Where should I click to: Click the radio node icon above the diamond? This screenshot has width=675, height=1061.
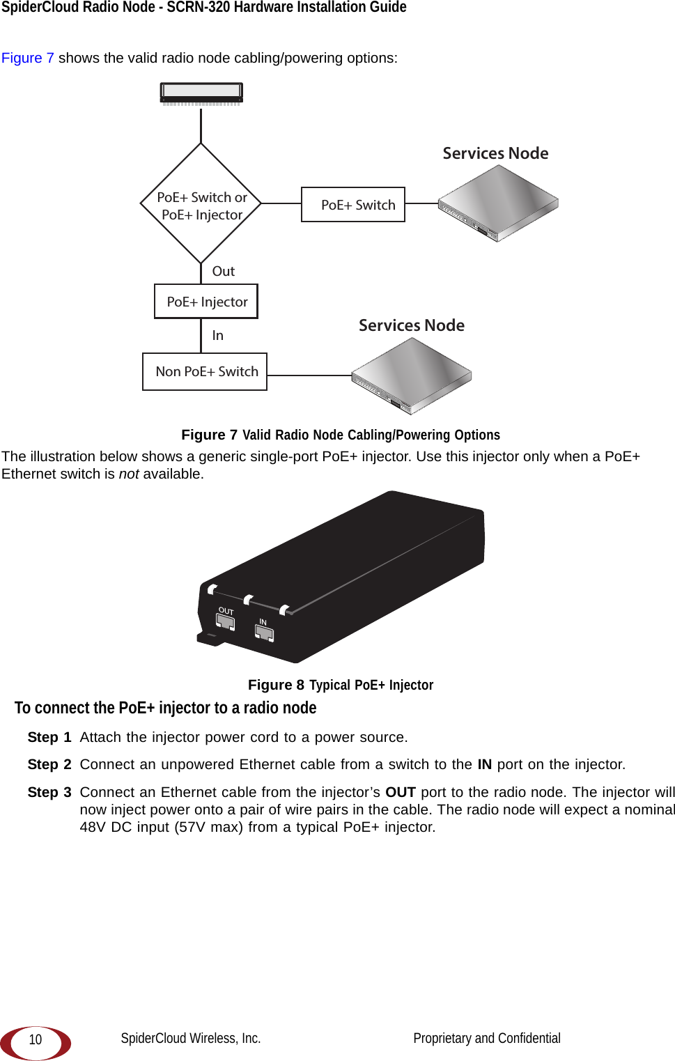point(201,93)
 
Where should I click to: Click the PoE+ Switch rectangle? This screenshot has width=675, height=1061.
point(353,205)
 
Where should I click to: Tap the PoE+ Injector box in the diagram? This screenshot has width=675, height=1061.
point(206,302)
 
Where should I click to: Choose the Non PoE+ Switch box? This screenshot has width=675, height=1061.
point(205,372)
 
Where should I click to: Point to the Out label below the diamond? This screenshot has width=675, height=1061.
point(223,272)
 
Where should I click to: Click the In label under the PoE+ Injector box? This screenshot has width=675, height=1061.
point(218,336)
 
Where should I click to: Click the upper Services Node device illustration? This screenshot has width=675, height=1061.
point(498,203)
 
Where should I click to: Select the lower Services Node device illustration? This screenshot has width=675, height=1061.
point(412,375)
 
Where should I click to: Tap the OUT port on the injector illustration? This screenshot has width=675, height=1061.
point(226,621)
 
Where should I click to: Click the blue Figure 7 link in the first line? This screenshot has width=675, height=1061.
point(28,58)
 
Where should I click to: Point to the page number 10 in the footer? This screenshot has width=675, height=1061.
point(36,1040)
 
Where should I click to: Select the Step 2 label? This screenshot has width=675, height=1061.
point(49,765)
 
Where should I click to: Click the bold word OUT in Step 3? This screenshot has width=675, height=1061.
point(401,793)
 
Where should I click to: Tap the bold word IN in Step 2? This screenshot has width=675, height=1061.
point(484,765)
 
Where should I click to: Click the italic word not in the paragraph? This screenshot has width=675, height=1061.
point(129,474)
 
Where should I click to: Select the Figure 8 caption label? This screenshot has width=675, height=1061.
point(276,686)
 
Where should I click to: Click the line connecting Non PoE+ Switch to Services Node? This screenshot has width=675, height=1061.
point(310,375)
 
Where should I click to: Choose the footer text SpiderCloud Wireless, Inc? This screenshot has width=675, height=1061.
point(191,1039)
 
